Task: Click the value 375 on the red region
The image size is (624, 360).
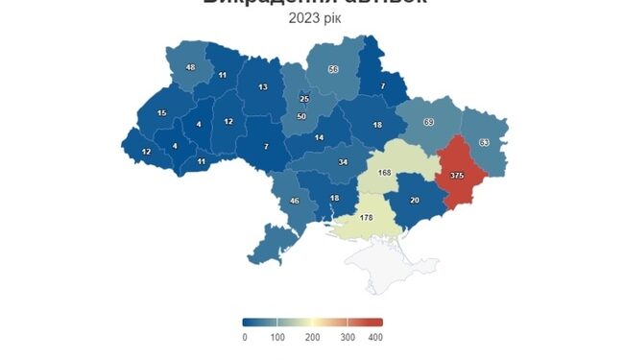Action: tap(457, 176)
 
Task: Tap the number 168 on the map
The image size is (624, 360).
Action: tap(385, 173)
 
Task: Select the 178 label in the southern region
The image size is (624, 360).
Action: tap(366, 218)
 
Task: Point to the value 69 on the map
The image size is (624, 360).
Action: tap(428, 122)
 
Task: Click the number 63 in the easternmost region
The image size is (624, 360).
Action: tap(484, 142)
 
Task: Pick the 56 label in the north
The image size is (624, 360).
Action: tap(333, 69)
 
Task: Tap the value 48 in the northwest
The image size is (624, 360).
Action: tap(190, 67)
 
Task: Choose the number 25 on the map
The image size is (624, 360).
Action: tap(304, 99)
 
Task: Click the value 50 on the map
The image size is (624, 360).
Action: tap(301, 116)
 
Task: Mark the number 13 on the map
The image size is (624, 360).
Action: tap(263, 87)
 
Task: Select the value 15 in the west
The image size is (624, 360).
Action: tap(161, 113)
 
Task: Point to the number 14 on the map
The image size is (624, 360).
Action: tap(320, 138)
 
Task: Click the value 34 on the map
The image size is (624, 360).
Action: tap(343, 161)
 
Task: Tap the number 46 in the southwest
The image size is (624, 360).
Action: tap(295, 201)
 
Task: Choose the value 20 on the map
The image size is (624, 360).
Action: tap(415, 200)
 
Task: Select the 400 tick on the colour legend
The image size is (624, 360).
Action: tap(376, 337)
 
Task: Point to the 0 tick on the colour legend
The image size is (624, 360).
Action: tap(245, 337)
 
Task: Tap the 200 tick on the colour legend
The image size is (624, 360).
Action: tap(311, 337)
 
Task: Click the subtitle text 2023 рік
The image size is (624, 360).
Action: tap(314, 19)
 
